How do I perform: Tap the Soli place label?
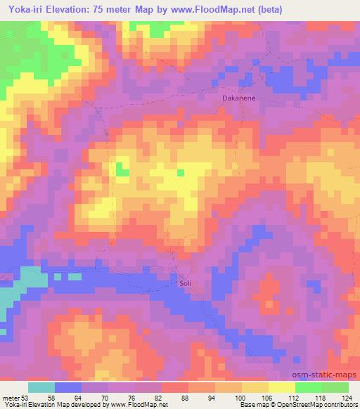pyautogui.click(x=183, y=284)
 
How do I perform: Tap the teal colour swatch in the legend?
pyautogui.click(x=41, y=387)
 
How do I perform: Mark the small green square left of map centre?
pyautogui.click(x=123, y=169)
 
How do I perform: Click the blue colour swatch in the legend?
pyautogui.click(x=68, y=387)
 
